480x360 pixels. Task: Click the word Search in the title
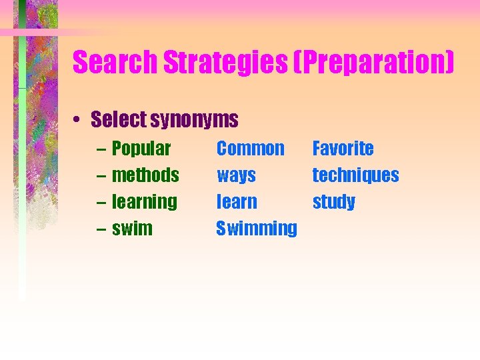click(x=115, y=63)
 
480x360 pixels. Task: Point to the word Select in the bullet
click(x=119, y=120)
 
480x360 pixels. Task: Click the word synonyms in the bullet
click(x=194, y=121)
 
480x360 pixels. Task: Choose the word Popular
click(x=141, y=149)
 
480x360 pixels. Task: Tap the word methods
click(x=145, y=175)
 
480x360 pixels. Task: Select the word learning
click(x=145, y=202)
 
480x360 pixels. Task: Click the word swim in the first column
click(x=132, y=229)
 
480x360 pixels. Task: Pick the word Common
click(x=251, y=148)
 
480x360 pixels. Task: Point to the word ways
click(x=236, y=176)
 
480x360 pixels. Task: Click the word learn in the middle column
click(x=237, y=201)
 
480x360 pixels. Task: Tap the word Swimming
click(x=257, y=229)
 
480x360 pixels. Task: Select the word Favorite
click(x=343, y=148)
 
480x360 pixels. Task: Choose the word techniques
click(x=355, y=175)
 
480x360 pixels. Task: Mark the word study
click(x=334, y=202)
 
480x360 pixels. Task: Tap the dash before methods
click(x=100, y=176)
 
